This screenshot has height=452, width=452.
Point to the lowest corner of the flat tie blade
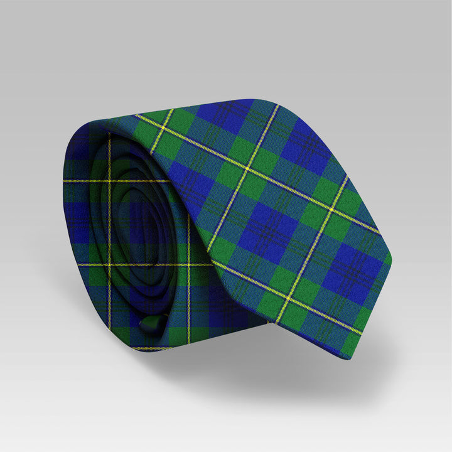pyautogui.click(x=349, y=358)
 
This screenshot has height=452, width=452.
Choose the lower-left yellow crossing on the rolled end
pyautogui.click(x=109, y=264)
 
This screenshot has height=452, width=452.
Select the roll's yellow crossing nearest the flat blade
pyautogui.click(x=188, y=264)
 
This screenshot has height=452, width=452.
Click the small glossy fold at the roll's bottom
pyautogui.click(x=148, y=325)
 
